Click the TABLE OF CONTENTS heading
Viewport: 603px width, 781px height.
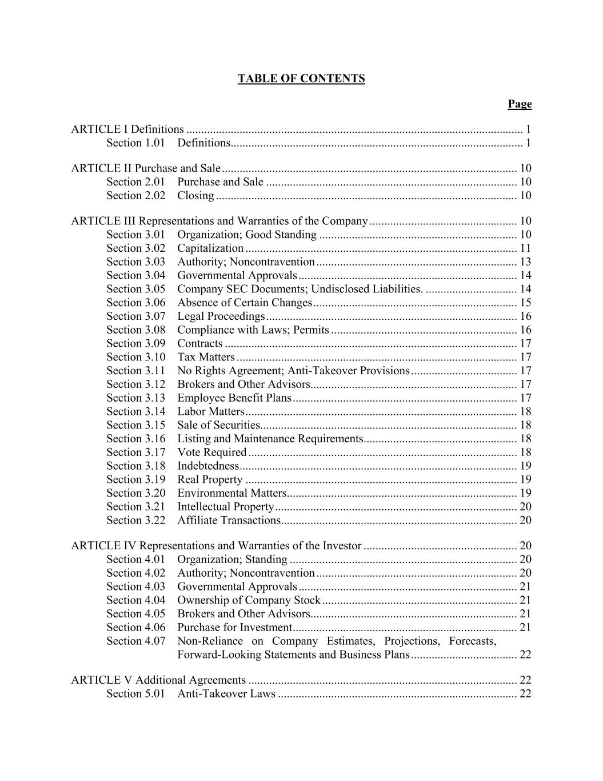pyautogui.click(x=301, y=79)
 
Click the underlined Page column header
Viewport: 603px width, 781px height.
pyautogui.click(x=520, y=104)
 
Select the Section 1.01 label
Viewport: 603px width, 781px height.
pyautogui.click(x=135, y=143)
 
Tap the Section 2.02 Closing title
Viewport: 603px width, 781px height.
pyautogui.click(x=195, y=196)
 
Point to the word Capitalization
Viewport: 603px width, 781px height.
pyautogui.click(x=210, y=248)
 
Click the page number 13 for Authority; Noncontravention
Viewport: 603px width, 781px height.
pyautogui.click(x=525, y=262)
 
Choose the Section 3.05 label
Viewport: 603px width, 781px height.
pyautogui.click(x=135, y=289)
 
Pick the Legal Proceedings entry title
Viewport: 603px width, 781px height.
pyautogui.click(x=221, y=316)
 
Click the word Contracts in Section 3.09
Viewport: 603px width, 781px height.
pyautogui.click(x=199, y=343)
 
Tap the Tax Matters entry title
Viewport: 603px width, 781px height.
pyautogui.click(x=206, y=357)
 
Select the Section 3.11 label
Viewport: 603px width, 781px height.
pyautogui.click(x=135, y=371)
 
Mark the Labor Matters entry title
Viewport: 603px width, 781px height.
pyautogui.click(x=210, y=411)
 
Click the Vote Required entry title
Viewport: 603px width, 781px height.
pyautogui.click(x=211, y=453)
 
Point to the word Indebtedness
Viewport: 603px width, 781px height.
pyautogui.click(x=208, y=466)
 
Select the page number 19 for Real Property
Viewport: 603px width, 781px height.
pyautogui.click(x=525, y=479)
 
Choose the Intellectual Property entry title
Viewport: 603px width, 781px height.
pyautogui.click(x=225, y=507)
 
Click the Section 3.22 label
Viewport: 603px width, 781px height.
pyautogui.click(x=135, y=520)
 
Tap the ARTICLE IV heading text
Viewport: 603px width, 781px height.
pyautogui.click(x=216, y=546)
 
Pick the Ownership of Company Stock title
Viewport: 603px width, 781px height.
pyautogui.click(x=249, y=600)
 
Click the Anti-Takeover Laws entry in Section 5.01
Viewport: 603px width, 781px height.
pyautogui.click(x=226, y=694)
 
